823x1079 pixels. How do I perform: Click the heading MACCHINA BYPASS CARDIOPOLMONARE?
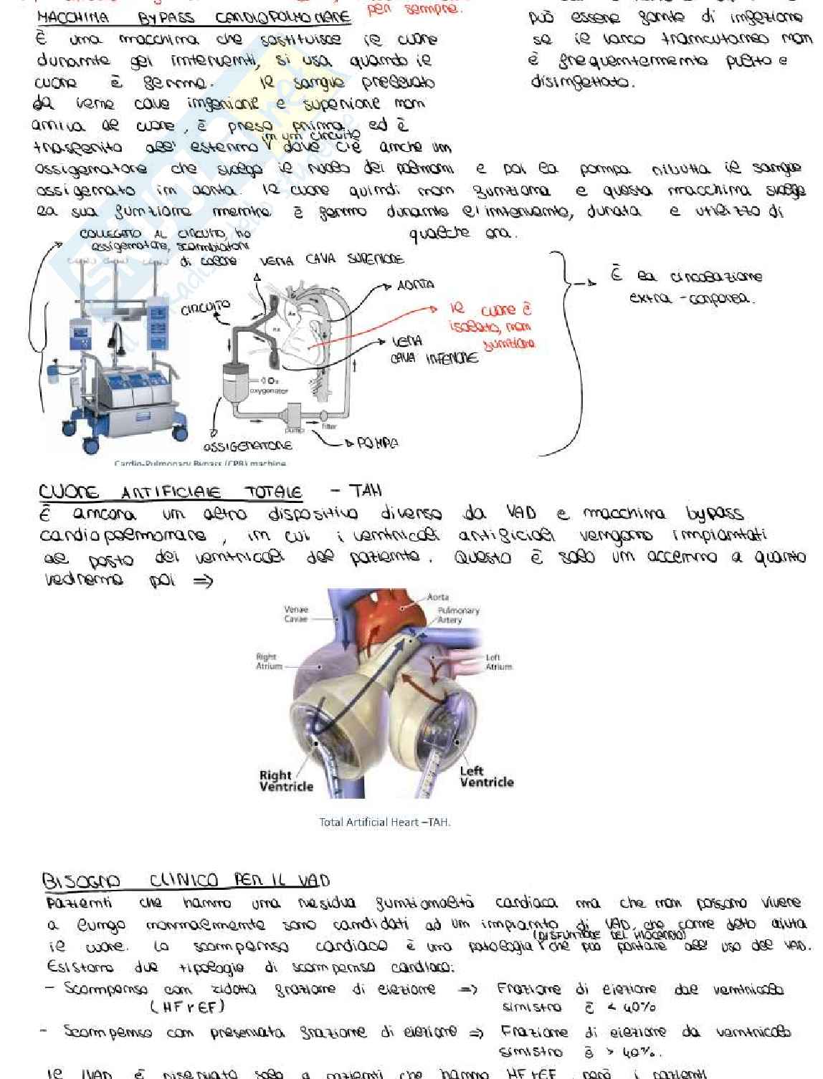194,17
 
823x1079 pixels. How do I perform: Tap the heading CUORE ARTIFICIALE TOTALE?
171,491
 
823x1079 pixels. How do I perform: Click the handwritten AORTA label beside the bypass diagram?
416,284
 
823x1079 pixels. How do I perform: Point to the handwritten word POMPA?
377,443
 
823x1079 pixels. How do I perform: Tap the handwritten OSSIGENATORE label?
248,446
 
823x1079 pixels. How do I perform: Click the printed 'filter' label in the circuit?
329,426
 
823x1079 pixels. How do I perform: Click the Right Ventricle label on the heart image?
286,780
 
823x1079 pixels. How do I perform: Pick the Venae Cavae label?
296,614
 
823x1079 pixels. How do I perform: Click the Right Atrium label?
266,661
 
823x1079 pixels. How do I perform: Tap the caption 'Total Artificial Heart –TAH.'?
385,822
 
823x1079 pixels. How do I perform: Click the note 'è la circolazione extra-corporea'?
685,286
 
